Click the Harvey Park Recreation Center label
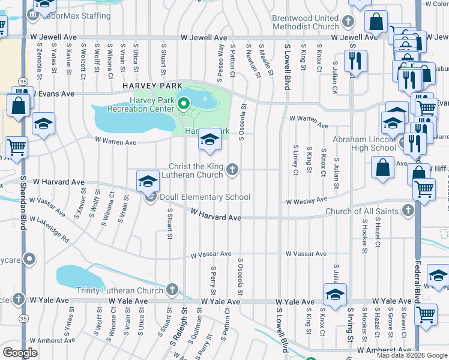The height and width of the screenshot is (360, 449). pyautogui.click(x=141, y=104)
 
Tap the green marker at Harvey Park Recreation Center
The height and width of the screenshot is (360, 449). pyautogui.click(x=184, y=104)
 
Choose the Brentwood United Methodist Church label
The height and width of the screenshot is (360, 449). pyautogui.click(x=305, y=23)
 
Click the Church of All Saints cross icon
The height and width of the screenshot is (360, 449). pyautogui.click(x=409, y=211)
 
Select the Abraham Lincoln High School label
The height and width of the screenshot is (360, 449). pyautogui.click(x=366, y=143)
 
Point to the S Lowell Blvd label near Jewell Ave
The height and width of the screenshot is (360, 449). pyautogui.click(x=287, y=66)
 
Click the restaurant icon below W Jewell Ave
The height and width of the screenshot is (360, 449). pyautogui.click(x=355, y=61)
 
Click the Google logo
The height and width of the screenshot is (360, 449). pyautogui.click(x=20, y=353)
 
